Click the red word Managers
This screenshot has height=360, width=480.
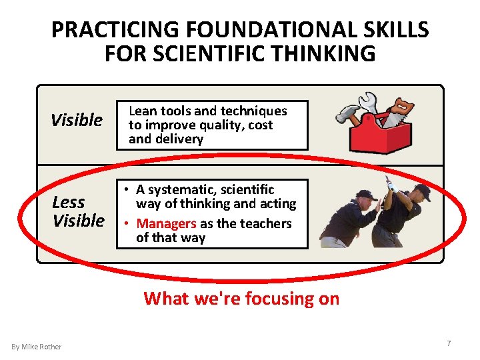coord(166,224)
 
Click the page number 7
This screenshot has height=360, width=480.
coord(449,343)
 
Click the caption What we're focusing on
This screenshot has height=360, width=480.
coord(241,299)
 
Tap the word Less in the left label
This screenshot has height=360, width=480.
coord(69,202)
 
